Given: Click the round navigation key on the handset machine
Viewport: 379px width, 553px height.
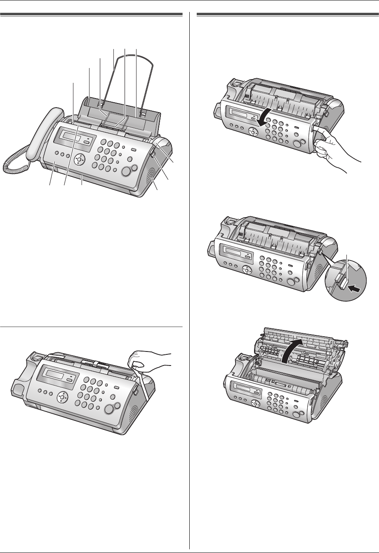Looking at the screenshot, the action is pyautogui.click(x=79, y=159).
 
